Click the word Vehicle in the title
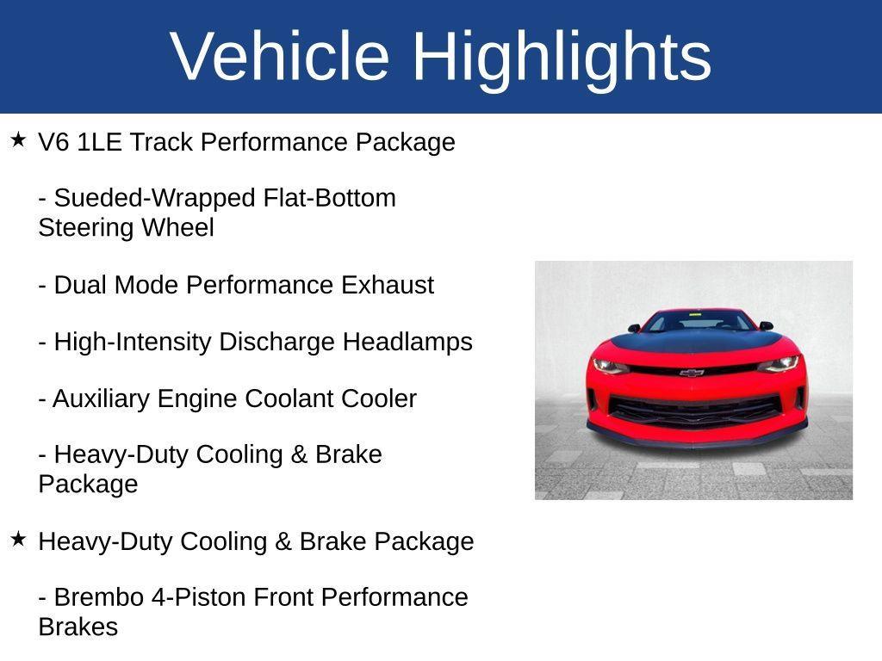tap(280, 57)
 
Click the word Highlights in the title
tap(562, 57)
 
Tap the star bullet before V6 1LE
tap(18, 139)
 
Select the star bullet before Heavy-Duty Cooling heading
tap(18, 540)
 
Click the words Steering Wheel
tap(126, 228)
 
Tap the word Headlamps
tap(407, 342)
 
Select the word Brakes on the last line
tap(78, 627)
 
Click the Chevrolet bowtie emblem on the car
tap(692, 373)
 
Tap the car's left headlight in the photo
tap(610, 365)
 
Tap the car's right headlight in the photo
tap(777, 363)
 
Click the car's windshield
tap(698, 322)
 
